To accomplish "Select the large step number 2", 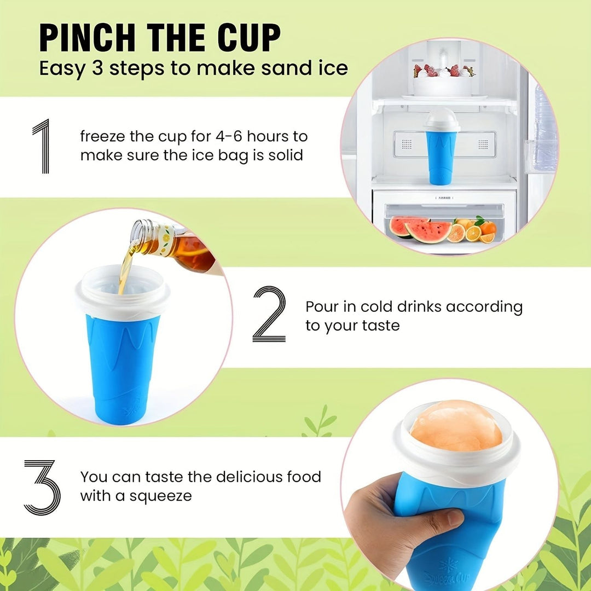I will (269, 315).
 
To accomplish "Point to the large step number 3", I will (42, 486).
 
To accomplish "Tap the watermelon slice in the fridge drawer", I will (421, 229).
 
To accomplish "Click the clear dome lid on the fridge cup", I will (442, 118).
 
